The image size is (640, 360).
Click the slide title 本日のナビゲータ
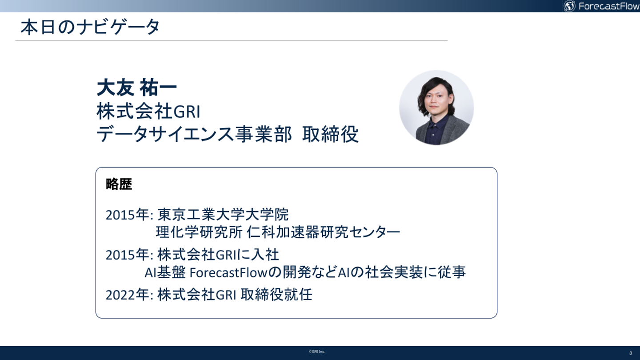click(x=90, y=27)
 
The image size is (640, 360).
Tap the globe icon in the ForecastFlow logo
click(x=569, y=6)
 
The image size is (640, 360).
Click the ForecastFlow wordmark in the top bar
click(x=608, y=6)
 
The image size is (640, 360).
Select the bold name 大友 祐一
click(x=136, y=88)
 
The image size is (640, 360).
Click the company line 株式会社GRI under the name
click(x=148, y=111)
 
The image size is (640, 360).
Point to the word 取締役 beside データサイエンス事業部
click(x=330, y=134)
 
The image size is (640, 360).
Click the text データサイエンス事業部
click(x=194, y=134)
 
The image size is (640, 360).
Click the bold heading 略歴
click(x=119, y=184)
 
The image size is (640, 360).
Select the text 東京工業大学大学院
click(x=223, y=215)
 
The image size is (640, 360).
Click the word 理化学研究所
click(x=199, y=232)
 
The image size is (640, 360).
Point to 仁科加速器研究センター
click(x=323, y=232)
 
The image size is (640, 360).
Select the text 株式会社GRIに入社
click(x=218, y=255)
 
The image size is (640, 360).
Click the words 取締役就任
click(x=276, y=295)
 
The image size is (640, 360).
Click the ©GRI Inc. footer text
click(x=317, y=352)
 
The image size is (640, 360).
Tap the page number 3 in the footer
click(x=631, y=353)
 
